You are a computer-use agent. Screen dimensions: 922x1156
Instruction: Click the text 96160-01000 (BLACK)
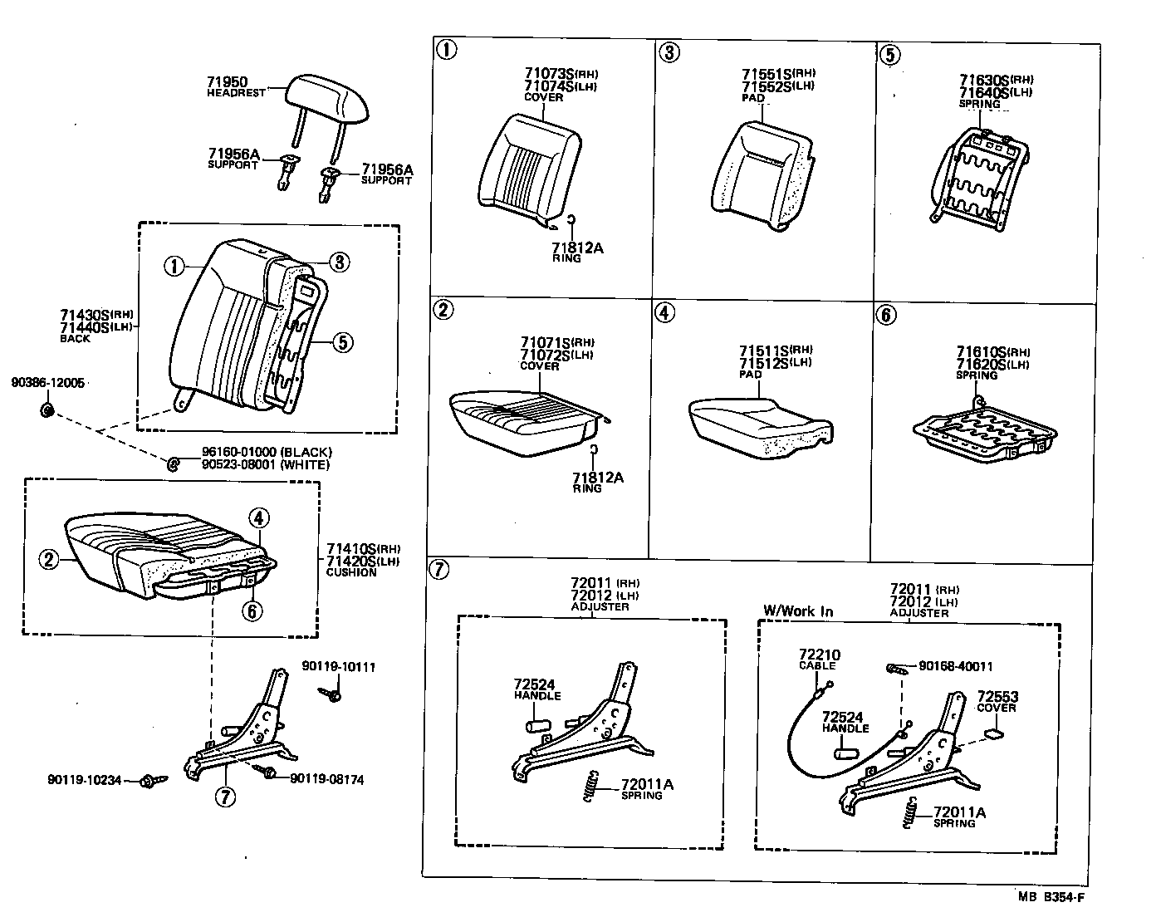266,452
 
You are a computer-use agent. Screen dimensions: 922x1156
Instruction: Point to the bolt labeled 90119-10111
334,694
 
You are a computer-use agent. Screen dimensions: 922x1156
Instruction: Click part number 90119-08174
326,779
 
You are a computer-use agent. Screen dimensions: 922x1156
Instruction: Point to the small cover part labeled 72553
992,734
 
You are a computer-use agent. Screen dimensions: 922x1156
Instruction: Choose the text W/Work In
797,611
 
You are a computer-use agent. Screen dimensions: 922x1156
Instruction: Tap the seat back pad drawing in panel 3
762,175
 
